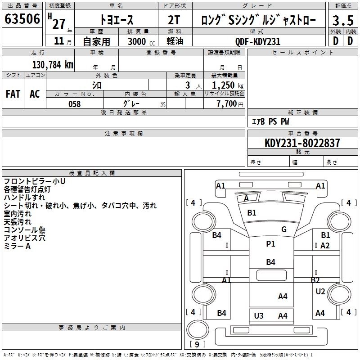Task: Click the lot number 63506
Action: (22, 20)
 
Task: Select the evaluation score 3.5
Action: (343, 21)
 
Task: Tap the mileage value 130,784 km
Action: (53, 65)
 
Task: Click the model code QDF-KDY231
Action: (258, 41)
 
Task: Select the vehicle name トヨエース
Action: (116, 21)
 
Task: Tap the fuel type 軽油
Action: (175, 41)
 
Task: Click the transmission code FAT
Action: (13, 94)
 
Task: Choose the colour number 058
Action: (74, 104)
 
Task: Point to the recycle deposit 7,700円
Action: (229, 104)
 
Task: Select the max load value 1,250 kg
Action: (227, 85)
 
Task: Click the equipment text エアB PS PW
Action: (270, 121)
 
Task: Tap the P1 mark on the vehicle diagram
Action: (270, 244)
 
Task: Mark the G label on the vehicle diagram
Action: (284, 229)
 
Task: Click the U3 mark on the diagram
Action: (259, 315)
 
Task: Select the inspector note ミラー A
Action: (17, 246)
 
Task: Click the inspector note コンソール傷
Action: (25, 230)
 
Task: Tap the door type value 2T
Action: (175, 21)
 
